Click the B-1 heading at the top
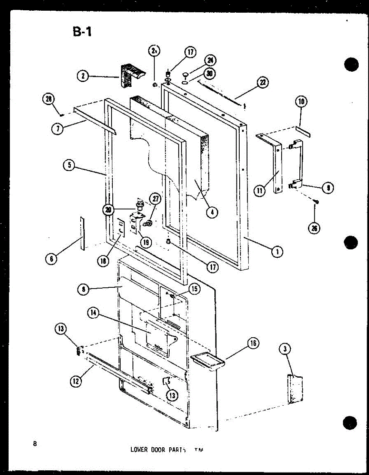coord(82,31)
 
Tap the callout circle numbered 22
coord(262,82)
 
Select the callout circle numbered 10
coord(301,102)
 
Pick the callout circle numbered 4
coord(213,212)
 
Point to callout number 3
coord(285,349)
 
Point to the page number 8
coord(35,444)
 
